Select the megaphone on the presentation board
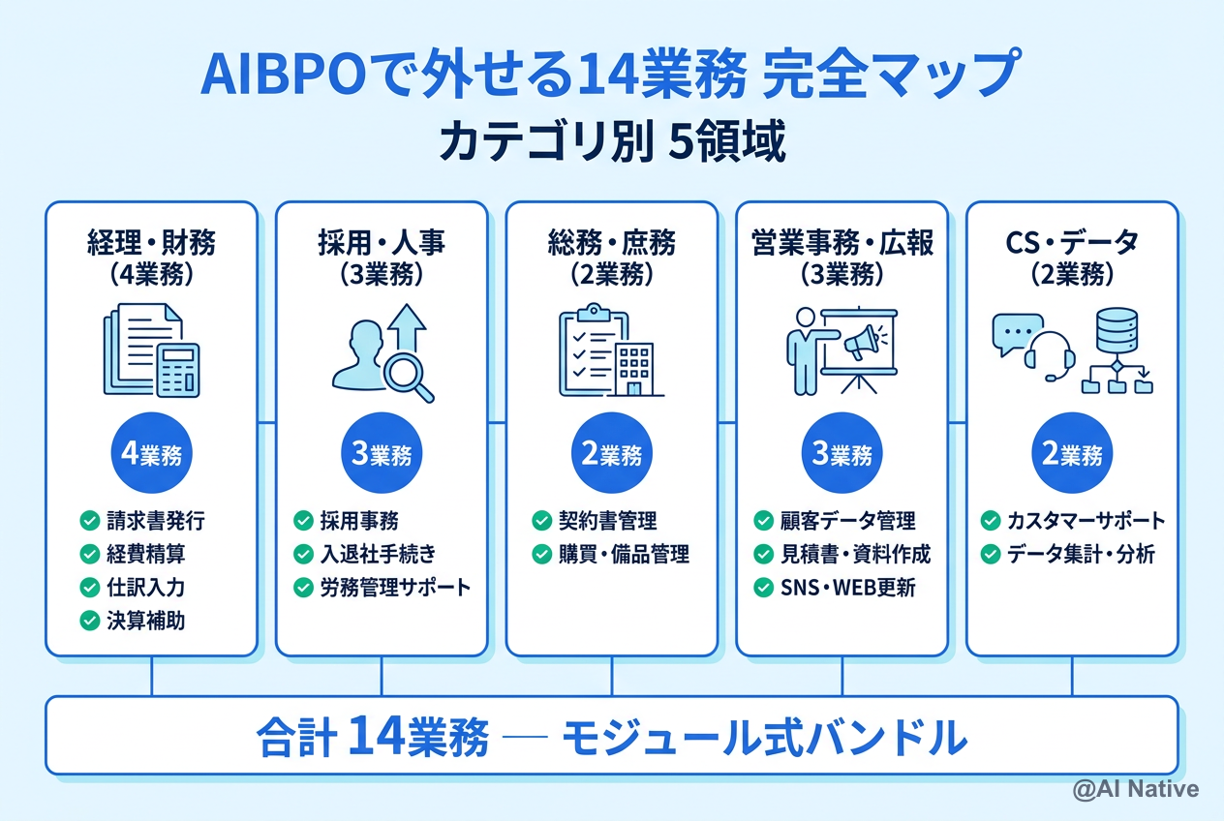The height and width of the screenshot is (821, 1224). [861, 341]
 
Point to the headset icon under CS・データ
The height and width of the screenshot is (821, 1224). [1050, 354]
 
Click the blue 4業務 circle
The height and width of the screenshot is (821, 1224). [151, 454]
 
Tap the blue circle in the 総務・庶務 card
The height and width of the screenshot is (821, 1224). [612, 454]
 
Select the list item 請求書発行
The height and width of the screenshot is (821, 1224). [155, 521]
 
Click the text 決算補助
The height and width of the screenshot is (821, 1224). [145, 621]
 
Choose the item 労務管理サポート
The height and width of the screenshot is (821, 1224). [395, 587]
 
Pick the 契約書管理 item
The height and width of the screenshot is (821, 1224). [608, 521]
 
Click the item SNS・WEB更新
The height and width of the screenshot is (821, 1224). [847, 587]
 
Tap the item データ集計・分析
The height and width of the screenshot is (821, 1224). [1081, 554]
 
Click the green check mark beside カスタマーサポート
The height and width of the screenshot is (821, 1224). [991, 521]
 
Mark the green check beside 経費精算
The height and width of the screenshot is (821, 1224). [89, 554]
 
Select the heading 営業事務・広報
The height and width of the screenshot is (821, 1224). [842, 242]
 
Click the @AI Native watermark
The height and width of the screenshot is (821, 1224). [1135, 789]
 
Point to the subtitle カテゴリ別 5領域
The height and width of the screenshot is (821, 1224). [611, 142]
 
